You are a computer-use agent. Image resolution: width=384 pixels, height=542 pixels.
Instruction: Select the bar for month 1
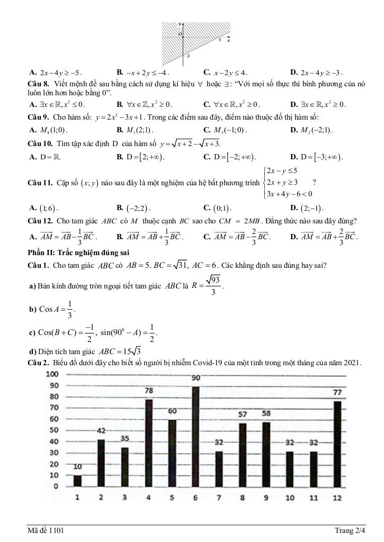pyautogui.click(x=78, y=481)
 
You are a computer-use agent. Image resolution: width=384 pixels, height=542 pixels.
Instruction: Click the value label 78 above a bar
pyautogui.click(x=149, y=390)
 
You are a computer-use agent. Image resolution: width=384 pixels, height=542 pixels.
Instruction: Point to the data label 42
pyautogui.click(x=101, y=431)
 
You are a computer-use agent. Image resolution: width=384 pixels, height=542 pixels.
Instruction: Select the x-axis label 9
pyautogui.click(x=266, y=498)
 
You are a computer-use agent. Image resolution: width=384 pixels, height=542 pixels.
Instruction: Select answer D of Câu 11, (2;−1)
pyautogui.click(x=311, y=207)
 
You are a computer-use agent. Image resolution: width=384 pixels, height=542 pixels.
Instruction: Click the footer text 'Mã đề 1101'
pyautogui.click(x=47, y=530)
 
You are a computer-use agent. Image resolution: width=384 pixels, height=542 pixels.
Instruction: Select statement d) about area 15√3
pyautogui.click(x=85, y=352)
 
